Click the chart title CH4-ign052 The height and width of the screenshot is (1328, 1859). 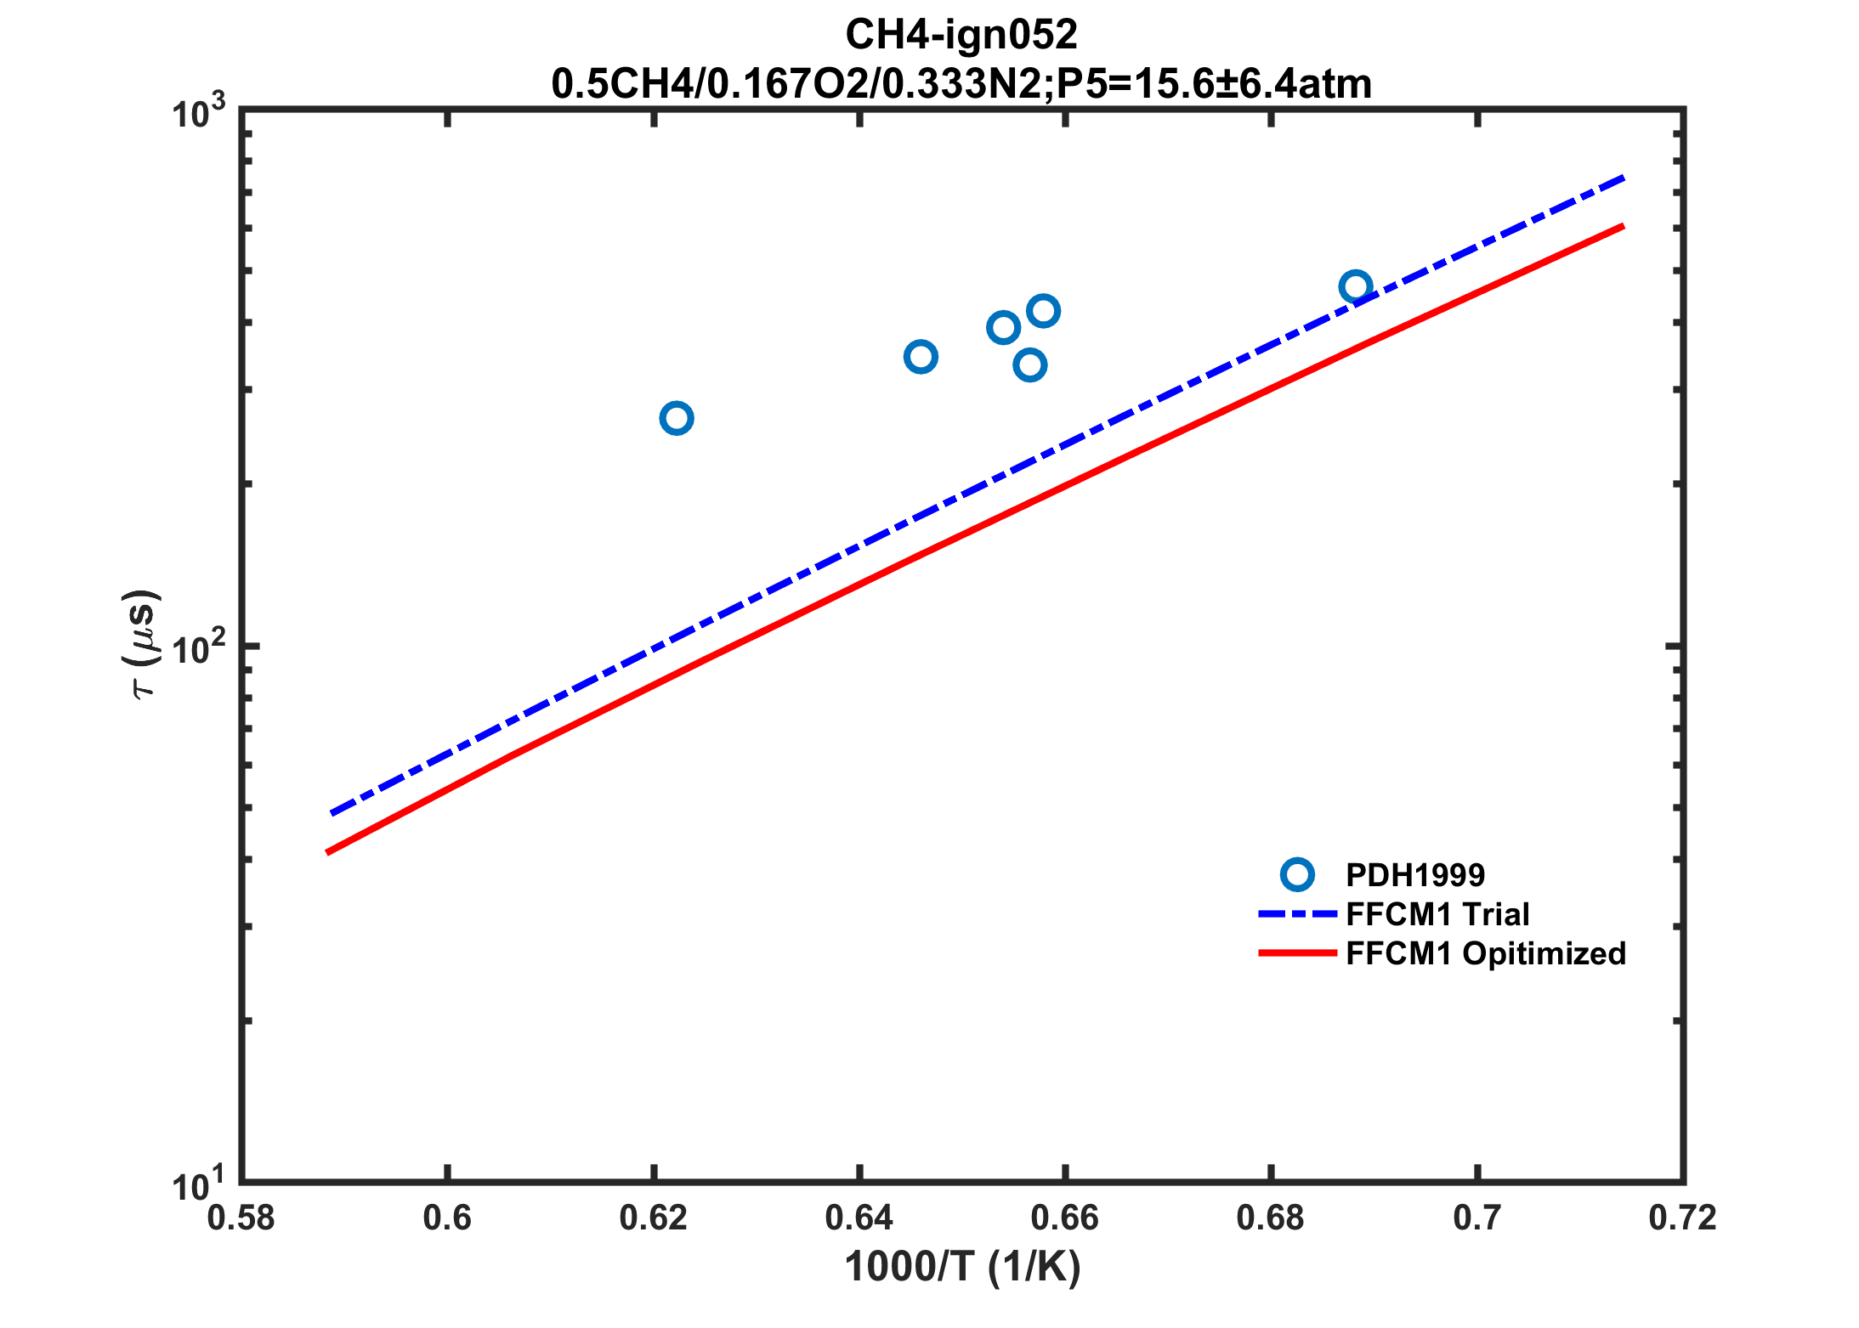961,35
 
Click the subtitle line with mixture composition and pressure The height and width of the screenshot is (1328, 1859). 961,83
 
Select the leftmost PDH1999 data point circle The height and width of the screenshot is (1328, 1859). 676,418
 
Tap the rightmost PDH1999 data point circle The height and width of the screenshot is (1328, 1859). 1355,286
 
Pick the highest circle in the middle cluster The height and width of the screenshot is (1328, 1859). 1042,311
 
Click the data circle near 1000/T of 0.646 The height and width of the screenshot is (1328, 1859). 921,356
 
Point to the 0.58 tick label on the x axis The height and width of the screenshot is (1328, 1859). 241,1218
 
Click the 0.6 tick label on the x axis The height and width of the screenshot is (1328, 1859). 447,1218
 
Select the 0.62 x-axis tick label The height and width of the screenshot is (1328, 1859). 653,1218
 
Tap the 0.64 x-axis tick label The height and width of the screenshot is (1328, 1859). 859,1218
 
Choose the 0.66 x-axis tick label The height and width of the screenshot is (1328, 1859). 1064,1218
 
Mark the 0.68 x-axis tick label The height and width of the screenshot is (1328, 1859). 1270,1218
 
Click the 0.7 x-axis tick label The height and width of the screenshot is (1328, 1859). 1477,1218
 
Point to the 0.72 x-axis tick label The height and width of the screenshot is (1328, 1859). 1682,1218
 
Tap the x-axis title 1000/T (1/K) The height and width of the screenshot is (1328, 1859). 962,1267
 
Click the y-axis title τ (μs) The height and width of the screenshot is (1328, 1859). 141,643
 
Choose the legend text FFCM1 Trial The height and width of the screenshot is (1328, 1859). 1437,914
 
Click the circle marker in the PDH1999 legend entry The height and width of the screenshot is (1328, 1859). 1297,874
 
